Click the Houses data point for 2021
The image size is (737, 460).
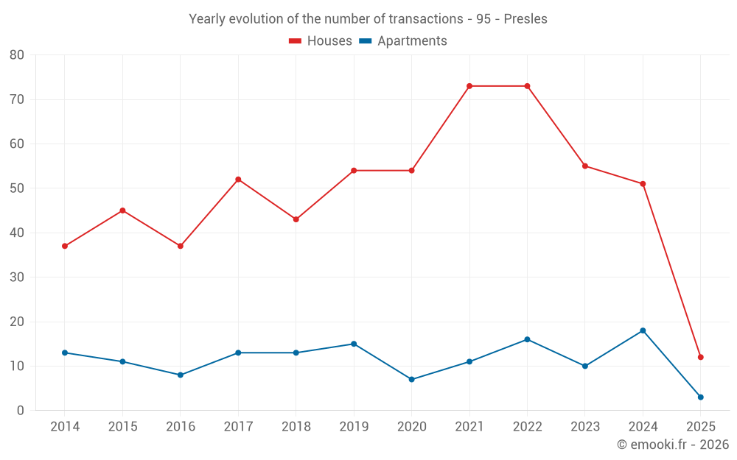point(469,86)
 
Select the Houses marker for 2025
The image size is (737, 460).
point(701,357)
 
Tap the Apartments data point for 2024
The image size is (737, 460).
point(643,330)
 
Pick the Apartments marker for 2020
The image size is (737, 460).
point(411,380)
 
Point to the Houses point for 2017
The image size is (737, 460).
point(238,180)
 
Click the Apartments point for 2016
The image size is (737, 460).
point(181,375)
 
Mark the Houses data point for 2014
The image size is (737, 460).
point(65,246)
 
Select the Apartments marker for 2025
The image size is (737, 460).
point(701,397)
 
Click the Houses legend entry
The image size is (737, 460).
point(321,41)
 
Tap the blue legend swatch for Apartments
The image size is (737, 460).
point(366,41)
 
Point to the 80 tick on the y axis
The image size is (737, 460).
point(17,55)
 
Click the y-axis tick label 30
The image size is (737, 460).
point(17,277)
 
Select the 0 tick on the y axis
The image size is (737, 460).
point(21,411)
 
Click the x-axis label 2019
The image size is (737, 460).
point(354,427)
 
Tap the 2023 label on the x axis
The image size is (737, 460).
point(585,427)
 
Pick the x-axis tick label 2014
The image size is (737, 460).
point(65,427)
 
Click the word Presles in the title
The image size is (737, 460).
point(525,19)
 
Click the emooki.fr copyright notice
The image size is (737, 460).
point(672,445)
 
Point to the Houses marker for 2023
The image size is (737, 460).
point(585,166)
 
